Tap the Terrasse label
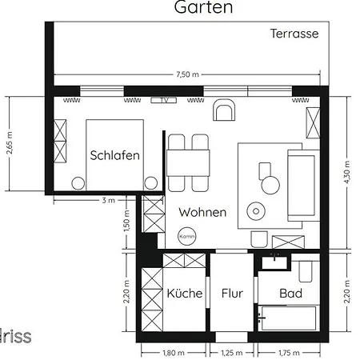294,34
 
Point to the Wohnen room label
202,213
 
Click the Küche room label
184,293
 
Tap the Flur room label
232,293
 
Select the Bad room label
290,293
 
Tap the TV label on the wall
163,101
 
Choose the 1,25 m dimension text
232,351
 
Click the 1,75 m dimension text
290,351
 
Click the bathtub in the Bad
290,317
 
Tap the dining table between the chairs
188,162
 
